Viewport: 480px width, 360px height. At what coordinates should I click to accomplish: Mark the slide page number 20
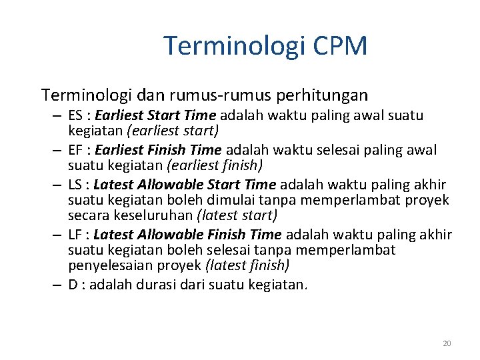[447, 343]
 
